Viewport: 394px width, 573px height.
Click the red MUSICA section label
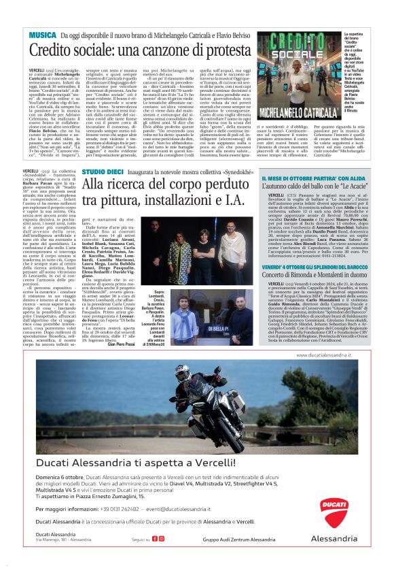pyautogui.click(x=42, y=34)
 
